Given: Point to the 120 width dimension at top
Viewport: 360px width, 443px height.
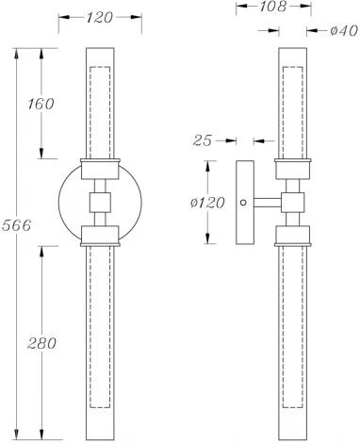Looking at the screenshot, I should click(101, 16).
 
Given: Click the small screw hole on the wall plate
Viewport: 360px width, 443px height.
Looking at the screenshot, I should click(244, 202).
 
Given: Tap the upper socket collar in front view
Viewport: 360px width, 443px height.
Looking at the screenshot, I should click(101, 170).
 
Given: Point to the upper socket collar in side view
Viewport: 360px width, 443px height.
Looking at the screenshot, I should click(293, 170).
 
